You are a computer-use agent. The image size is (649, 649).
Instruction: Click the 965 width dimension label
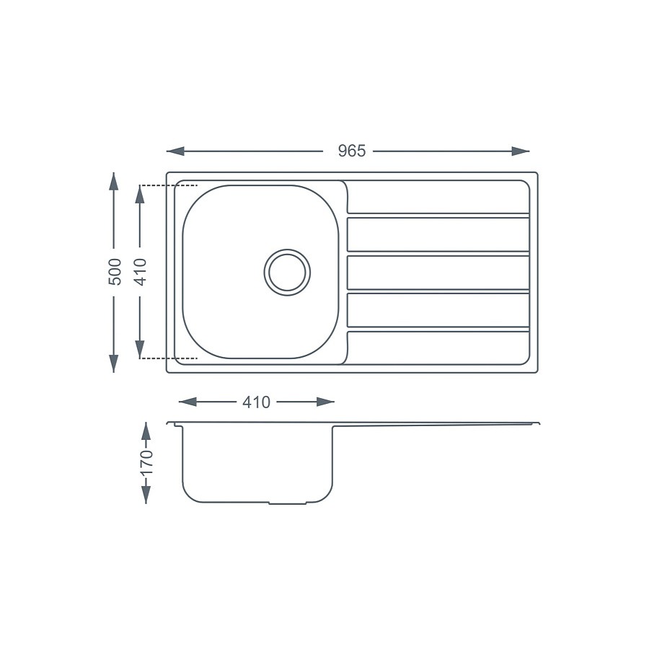pyautogui.click(x=352, y=151)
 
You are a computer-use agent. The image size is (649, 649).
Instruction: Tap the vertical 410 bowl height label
pyautogui.click(x=141, y=272)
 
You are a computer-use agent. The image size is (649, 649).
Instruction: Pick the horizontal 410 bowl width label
pyautogui.click(x=256, y=402)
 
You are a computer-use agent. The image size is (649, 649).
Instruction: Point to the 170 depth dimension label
pyautogui.click(x=146, y=462)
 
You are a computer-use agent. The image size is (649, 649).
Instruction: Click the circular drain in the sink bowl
pyautogui.click(x=287, y=273)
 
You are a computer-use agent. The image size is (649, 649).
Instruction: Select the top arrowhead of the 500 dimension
pyautogui.click(x=114, y=180)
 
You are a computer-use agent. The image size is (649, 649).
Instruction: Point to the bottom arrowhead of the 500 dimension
pyautogui.click(x=114, y=363)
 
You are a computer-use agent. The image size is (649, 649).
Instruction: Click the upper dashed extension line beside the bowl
pyautogui.click(x=169, y=185)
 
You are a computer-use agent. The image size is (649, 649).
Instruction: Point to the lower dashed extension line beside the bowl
pyautogui.click(x=169, y=358)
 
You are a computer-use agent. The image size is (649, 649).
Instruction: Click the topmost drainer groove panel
pyautogui.click(x=438, y=196)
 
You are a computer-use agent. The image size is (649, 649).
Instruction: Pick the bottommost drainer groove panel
pyautogui.click(x=438, y=348)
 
